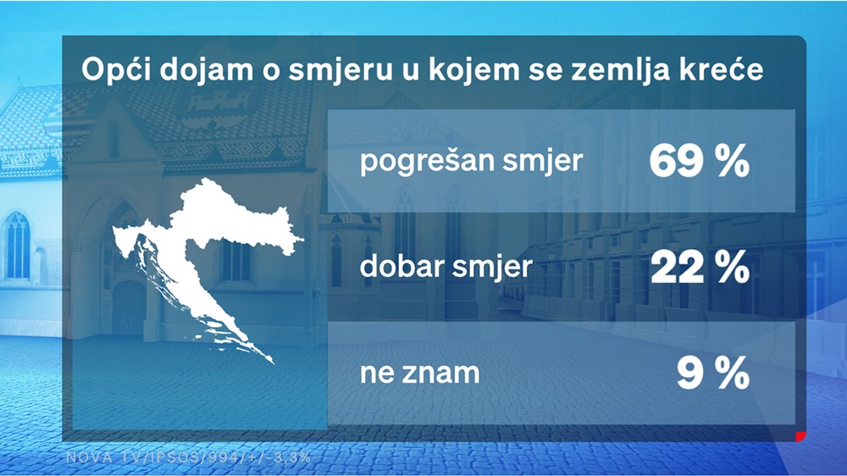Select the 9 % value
click(x=713, y=373)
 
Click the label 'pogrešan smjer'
click(x=472, y=161)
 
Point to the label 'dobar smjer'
click(x=446, y=268)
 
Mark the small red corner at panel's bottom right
click(x=798, y=437)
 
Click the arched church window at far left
click(x=17, y=245)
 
